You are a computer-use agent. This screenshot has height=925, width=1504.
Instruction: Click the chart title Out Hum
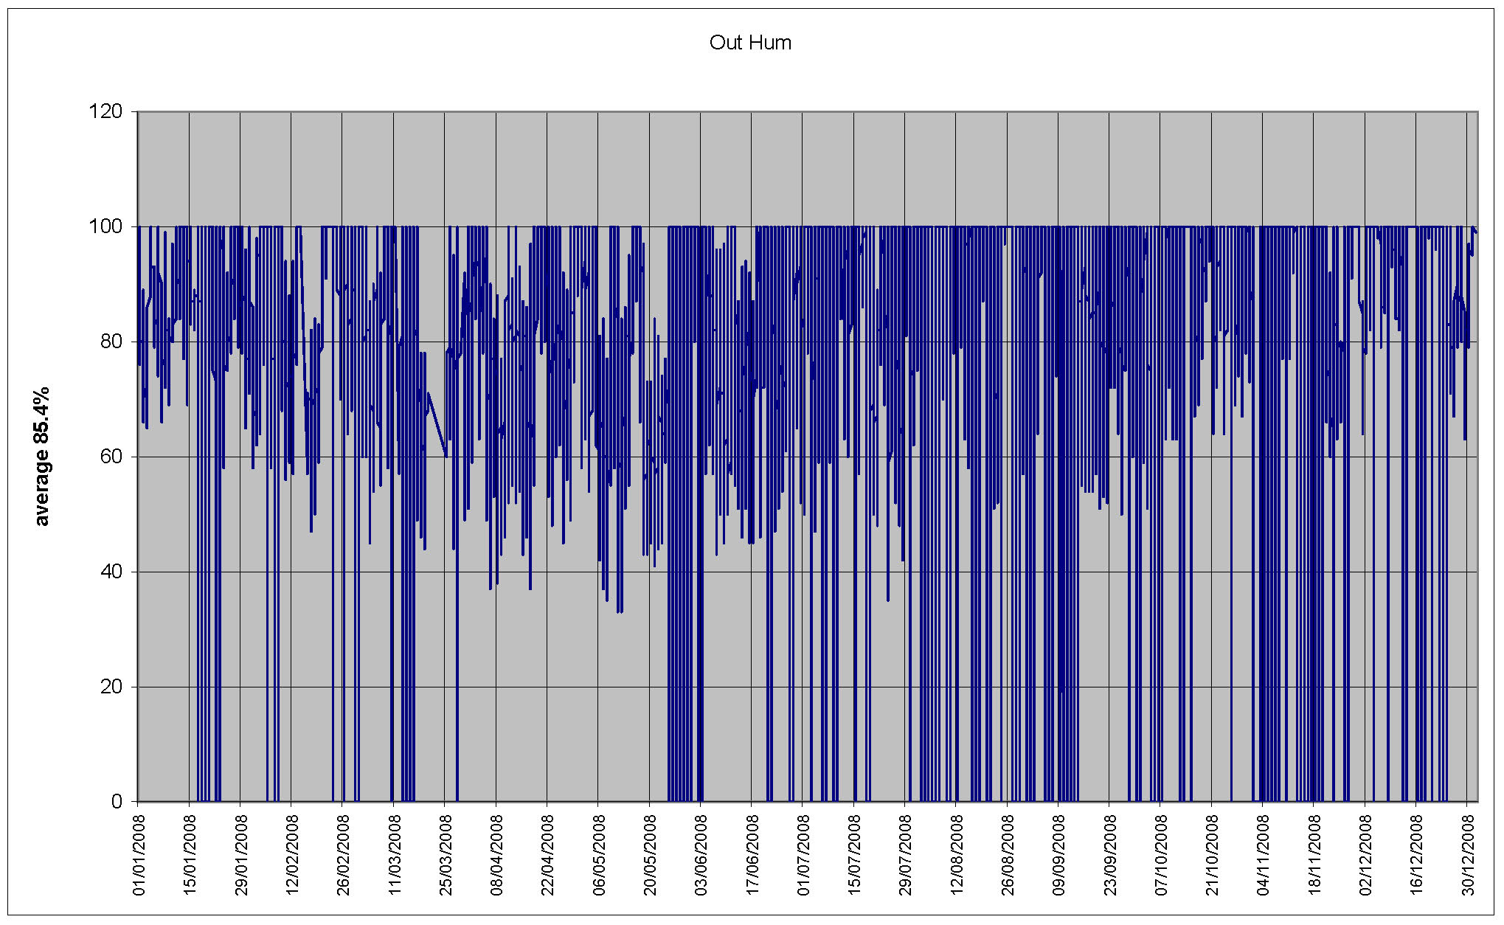pyautogui.click(x=750, y=43)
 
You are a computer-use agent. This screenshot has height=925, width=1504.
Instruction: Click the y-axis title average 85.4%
pyautogui.click(x=41, y=456)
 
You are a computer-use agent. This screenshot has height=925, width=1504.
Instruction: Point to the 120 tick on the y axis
pyautogui.click(x=105, y=111)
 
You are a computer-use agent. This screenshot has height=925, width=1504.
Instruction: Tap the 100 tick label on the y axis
pyautogui.click(x=105, y=226)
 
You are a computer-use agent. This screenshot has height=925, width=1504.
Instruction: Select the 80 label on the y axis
pyautogui.click(x=111, y=342)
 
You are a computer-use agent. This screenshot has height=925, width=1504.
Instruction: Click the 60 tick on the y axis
pyautogui.click(x=111, y=457)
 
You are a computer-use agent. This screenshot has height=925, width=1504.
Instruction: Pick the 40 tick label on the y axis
pyautogui.click(x=111, y=572)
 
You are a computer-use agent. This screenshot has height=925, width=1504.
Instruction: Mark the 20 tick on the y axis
pyautogui.click(x=111, y=687)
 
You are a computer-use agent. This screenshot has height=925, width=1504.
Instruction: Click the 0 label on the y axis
pyautogui.click(x=117, y=802)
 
